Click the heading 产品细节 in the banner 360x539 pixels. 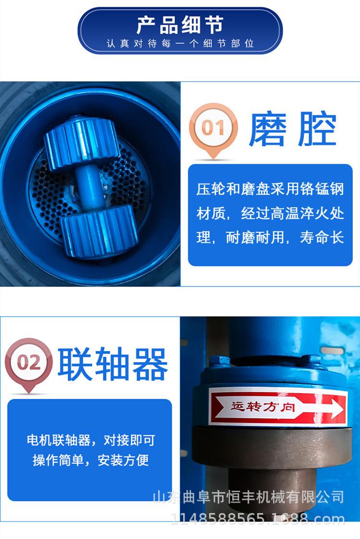180,25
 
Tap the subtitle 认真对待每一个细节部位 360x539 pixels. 180,44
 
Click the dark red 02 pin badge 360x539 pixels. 28,362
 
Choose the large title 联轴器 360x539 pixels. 112,364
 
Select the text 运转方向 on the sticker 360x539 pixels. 263,407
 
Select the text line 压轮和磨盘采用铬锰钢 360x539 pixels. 270,189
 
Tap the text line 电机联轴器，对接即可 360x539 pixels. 90,440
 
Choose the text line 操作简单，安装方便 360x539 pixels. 90,461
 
